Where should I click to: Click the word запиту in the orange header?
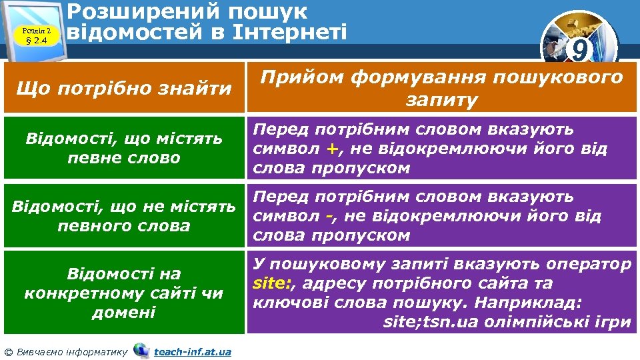(x=441, y=100)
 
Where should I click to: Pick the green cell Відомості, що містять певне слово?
(x=123, y=148)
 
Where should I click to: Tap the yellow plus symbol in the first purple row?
(x=329, y=149)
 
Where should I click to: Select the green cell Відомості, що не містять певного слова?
(x=123, y=216)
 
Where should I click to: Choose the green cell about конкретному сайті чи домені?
(x=123, y=293)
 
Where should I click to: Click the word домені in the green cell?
(x=123, y=312)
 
